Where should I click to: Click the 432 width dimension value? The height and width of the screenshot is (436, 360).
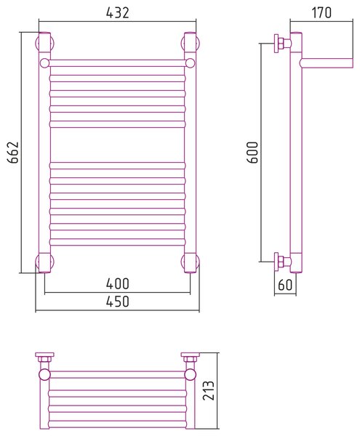(118, 13)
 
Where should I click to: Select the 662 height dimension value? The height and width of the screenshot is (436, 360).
(13, 152)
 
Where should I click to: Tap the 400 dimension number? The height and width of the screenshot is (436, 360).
(118, 283)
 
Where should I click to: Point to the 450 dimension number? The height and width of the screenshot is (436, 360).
(118, 302)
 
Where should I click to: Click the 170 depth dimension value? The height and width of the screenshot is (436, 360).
(321, 13)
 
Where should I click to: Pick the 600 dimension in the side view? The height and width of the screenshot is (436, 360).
(253, 153)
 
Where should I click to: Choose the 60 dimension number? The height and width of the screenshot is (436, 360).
(285, 285)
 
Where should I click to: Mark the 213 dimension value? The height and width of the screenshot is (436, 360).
(209, 390)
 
